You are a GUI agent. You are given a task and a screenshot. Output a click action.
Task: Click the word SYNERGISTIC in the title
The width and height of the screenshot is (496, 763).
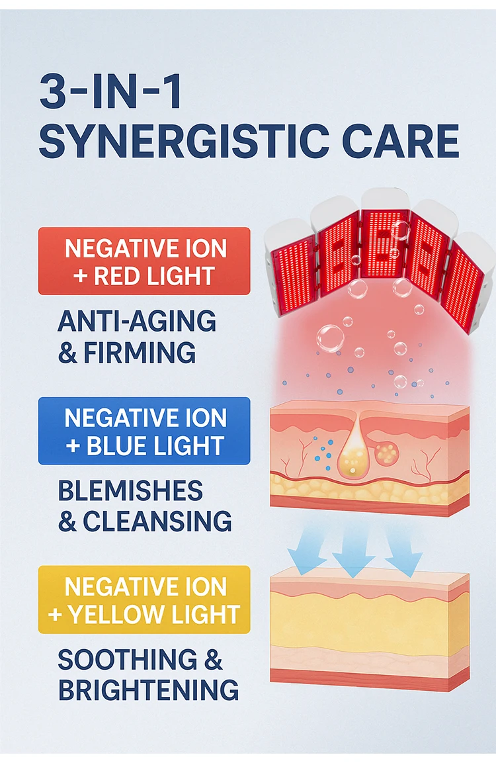coord(182,142)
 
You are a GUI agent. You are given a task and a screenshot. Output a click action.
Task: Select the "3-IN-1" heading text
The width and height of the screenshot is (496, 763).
coord(111,93)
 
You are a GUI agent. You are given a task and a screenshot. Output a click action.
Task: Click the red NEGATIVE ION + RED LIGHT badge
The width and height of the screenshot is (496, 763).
coord(144,261)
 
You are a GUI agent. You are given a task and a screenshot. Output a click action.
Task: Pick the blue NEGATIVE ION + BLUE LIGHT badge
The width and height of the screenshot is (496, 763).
coord(144,431)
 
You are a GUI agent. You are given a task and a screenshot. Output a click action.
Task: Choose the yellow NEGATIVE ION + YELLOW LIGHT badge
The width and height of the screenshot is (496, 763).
coord(144,600)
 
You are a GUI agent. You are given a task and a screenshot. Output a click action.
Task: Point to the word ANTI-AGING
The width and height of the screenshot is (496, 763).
coord(137,322)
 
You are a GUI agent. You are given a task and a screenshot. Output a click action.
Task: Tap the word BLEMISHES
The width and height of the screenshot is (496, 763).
coord(130,491)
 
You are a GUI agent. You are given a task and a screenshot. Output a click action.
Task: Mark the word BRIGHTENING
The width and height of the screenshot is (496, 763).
coord(148,690)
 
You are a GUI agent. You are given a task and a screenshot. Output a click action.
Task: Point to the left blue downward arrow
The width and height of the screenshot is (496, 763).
coord(306,549)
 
